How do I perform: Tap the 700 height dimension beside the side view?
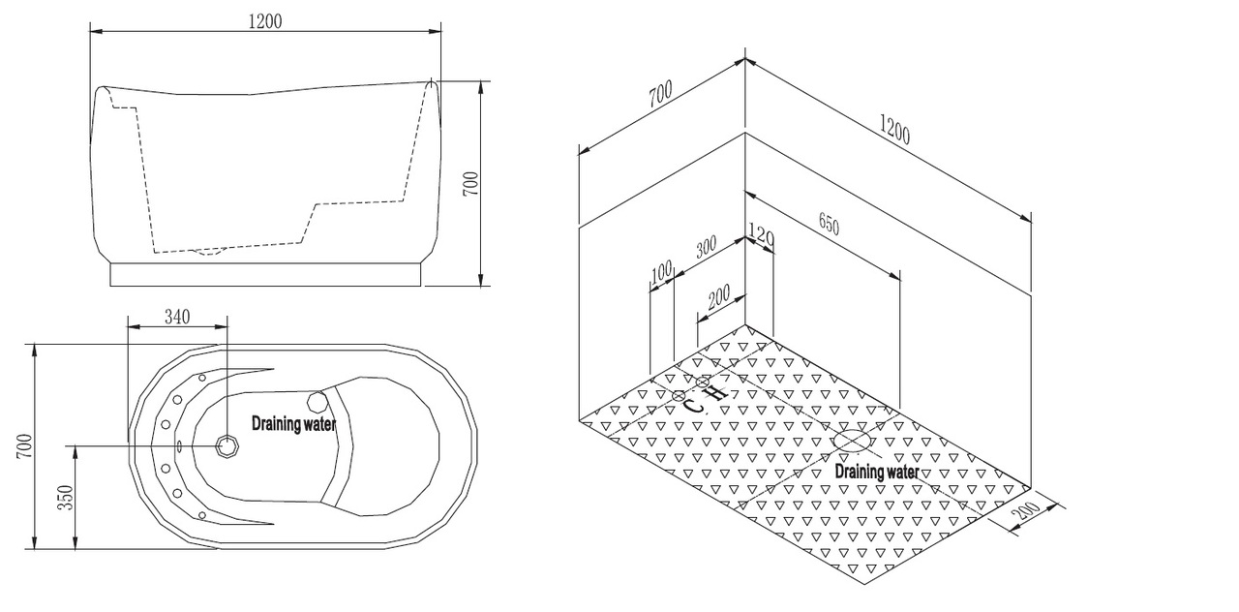click(x=470, y=183)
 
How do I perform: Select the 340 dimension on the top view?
click(x=176, y=317)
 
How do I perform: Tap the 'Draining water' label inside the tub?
click(x=294, y=423)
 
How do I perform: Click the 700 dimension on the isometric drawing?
click(x=660, y=95)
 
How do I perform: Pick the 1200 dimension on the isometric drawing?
click(x=894, y=129)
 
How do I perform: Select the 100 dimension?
click(x=661, y=272)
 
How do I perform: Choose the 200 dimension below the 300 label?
click(x=718, y=299)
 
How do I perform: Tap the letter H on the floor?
click(x=715, y=394)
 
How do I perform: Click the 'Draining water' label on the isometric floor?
click(x=877, y=472)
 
